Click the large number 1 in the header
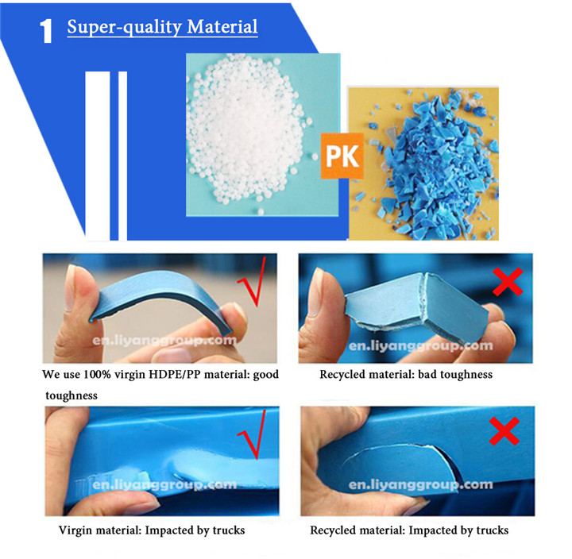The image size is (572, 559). tap(46, 31)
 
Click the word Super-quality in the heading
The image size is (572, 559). tap(125, 27)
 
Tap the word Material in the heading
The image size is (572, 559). tap(222, 26)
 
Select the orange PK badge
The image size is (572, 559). tap(342, 156)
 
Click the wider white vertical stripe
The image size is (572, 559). tap(98, 156)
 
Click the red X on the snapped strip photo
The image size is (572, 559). tap(508, 282)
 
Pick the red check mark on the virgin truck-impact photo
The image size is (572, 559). tap(253, 434)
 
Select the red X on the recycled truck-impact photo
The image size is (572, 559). tap(504, 431)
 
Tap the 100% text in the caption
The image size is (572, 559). tap(97, 375)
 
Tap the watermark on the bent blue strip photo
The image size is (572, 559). tap(164, 341)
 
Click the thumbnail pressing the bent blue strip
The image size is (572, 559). tap(71, 286)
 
